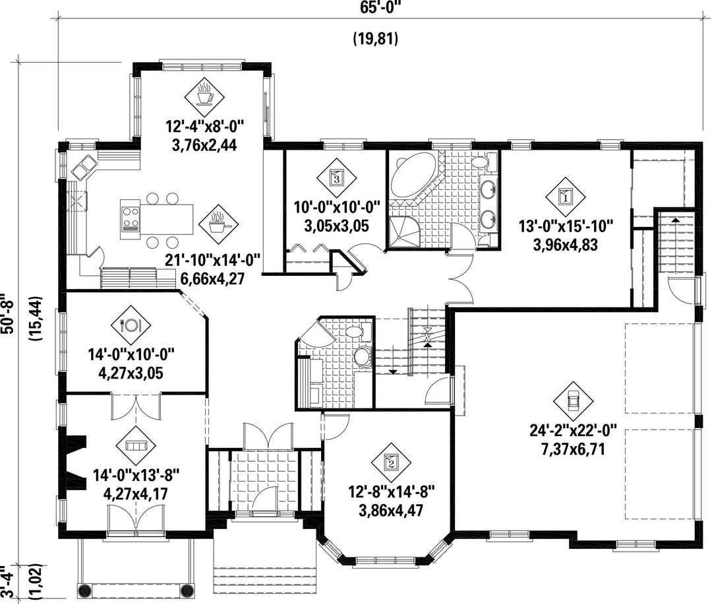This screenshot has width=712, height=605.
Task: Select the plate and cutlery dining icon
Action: pyautogui.click(x=131, y=325)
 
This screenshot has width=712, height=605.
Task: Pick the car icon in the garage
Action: pyautogui.click(x=573, y=400)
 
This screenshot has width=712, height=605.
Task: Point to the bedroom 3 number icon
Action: pyautogui.click(x=336, y=177)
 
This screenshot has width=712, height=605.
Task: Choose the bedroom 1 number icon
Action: pyautogui.click(x=566, y=197)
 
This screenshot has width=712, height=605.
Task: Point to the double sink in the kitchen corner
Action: pyautogui.click(x=83, y=166)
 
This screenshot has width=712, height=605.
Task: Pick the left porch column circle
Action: pyautogui.click(x=84, y=591)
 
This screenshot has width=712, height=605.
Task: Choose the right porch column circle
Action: pyautogui.click(x=187, y=591)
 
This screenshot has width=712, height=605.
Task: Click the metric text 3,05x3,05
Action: pyautogui.click(x=336, y=226)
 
